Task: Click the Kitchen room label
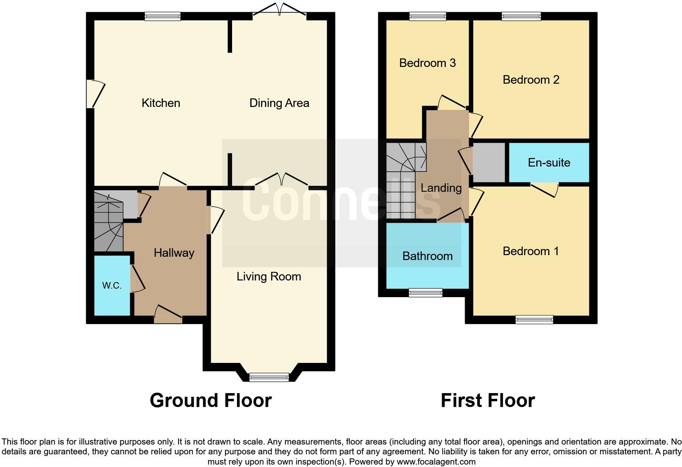pyautogui.click(x=161, y=103)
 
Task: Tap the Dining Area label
pyautogui.click(x=279, y=103)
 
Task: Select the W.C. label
pyautogui.click(x=112, y=286)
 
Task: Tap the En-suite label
pyautogui.click(x=549, y=162)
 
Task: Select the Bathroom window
pyautogui.click(x=425, y=292)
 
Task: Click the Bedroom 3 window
pyautogui.click(x=427, y=16)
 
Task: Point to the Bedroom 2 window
pyautogui.click(x=521, y=16)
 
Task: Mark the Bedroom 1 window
pyautogui.click(x=534, y=319)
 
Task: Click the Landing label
pyautogui.click(x=441, y=188)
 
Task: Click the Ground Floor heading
pyautogui.click(x=210, y=400)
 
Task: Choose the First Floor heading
pyautogui.click(x=487, y=400)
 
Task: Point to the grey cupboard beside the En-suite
pyautogui.click(x=489, y=162)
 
